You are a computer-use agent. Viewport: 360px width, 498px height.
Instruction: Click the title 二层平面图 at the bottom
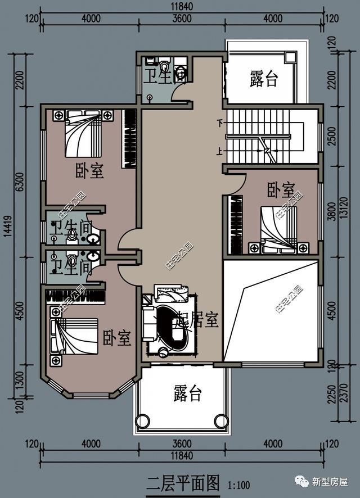[182, 482]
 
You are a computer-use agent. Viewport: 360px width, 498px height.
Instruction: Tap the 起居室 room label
[197, 320]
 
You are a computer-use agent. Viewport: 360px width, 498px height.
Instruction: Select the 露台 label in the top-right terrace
[264, 79]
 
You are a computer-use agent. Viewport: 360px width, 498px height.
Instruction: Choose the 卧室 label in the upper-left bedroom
[90, 170]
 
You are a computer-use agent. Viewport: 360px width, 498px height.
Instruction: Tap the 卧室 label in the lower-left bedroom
[117, 338]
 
